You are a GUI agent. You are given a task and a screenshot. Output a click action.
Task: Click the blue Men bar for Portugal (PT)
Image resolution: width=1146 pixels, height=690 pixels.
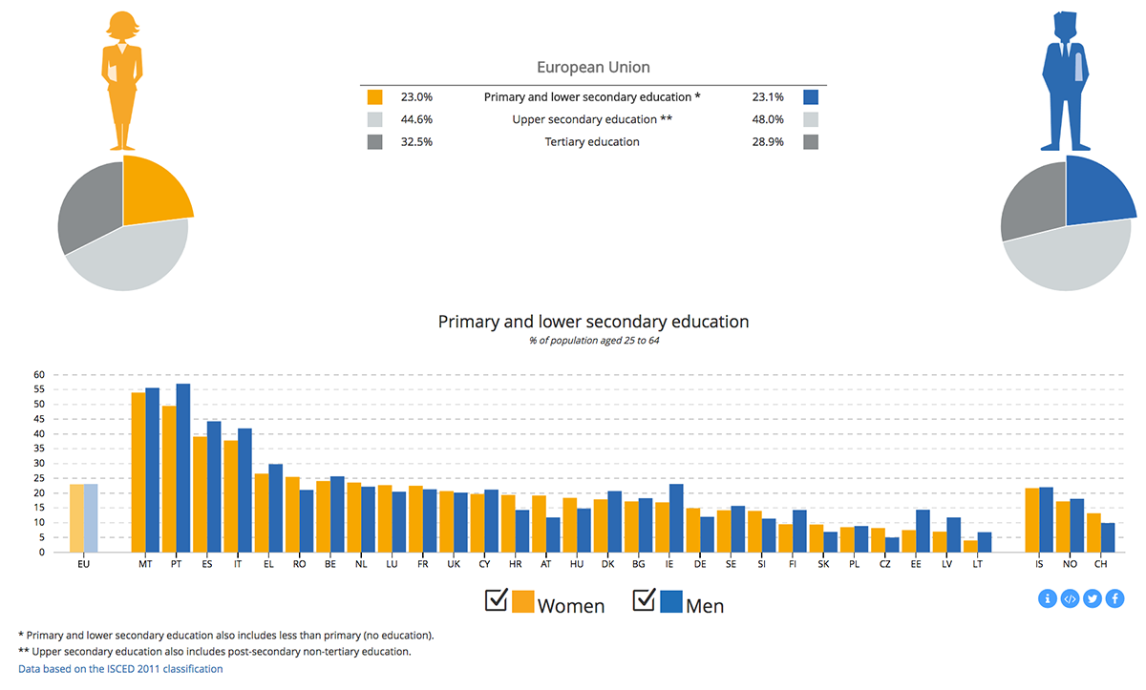tap(183, 468)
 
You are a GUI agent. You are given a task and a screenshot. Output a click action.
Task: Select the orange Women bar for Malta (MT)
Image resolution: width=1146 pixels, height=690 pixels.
tap(138, 472)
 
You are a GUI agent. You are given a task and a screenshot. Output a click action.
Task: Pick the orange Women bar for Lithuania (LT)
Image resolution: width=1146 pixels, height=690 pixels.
tap(970, 546)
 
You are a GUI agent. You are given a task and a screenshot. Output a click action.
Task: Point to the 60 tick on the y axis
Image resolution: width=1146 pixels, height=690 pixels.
tap(39, 375)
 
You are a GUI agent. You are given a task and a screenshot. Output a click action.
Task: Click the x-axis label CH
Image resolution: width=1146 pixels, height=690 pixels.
tap(1101, 565)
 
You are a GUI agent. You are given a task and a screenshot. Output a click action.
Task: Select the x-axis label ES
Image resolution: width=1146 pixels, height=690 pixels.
tap(207, 565)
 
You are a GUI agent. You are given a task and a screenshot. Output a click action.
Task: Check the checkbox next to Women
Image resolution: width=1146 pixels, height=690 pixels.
tap(497, 599)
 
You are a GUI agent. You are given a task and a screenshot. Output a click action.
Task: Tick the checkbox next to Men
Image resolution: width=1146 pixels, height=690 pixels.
tap(645, 599)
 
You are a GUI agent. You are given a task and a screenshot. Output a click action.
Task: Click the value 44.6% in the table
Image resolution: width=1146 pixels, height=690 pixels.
tap(416, 119)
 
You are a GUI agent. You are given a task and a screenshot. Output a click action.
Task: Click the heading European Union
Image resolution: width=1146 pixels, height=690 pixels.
tap(593, 68)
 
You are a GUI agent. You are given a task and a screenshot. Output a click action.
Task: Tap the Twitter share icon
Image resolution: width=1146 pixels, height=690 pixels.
tap(1093, 599)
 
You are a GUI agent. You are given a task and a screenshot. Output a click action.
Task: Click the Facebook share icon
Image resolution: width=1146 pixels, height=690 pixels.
tap(1114, 599)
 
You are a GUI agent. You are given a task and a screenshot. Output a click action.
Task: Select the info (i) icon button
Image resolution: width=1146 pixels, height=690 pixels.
tap(1048, 599)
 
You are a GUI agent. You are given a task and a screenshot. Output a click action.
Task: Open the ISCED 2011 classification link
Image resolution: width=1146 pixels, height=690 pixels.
tap(120, 669)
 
